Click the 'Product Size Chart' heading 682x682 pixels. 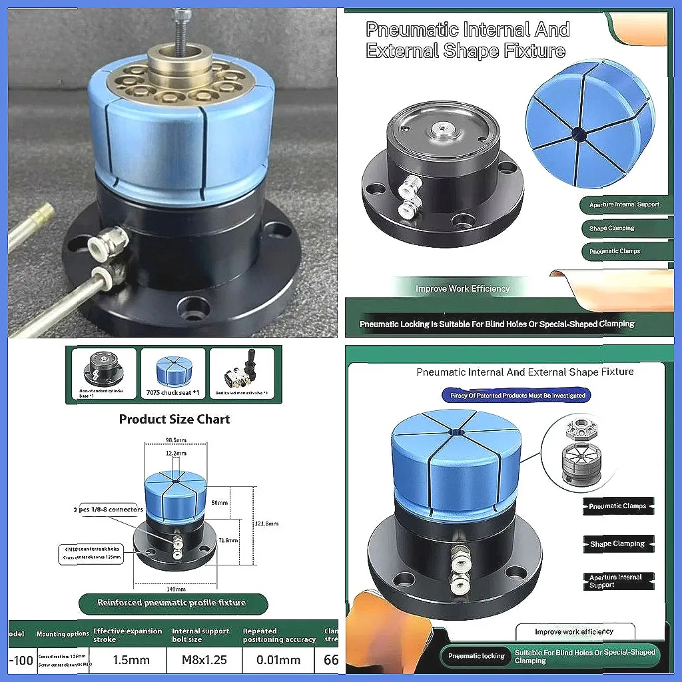174,419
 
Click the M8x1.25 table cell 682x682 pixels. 200,660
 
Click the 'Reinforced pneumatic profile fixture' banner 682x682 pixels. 172,603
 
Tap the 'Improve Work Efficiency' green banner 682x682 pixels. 462,288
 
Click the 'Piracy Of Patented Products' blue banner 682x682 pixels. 516,395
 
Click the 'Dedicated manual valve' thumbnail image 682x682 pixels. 241,376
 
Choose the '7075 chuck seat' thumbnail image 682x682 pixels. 172,376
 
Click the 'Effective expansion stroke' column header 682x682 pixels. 127,635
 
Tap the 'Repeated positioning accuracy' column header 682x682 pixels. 278,635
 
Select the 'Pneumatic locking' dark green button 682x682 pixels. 476,656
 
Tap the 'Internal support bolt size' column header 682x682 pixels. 200,635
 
